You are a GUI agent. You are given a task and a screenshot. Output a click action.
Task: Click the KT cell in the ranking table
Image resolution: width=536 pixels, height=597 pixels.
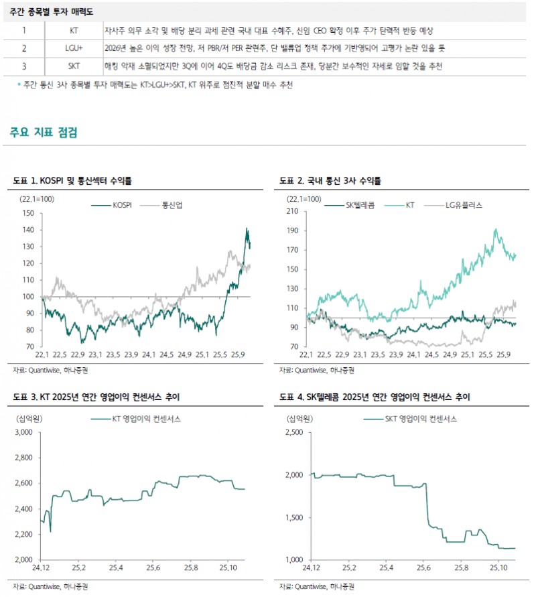click(73, 31)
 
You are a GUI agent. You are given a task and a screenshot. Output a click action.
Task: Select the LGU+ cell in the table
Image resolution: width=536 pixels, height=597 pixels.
click(73, 49)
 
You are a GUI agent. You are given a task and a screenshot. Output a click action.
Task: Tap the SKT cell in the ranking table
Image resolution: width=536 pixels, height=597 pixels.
click(73, 66)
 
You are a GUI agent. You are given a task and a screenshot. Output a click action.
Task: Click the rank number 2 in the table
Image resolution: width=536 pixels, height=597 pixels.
click(24, 49)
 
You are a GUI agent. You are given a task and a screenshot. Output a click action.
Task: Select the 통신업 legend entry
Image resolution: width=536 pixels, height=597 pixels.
click(173, 205)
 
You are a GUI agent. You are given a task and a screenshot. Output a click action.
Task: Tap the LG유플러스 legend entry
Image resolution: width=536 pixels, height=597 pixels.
click(464, 205)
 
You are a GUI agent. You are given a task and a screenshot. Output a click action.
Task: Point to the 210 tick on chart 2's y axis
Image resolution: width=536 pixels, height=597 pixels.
click(292, 212)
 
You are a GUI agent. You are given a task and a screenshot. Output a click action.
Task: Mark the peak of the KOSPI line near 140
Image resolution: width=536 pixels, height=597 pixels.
click(247, 228)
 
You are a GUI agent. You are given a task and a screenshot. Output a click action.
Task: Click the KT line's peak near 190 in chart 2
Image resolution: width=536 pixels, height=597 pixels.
click(496, 229)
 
